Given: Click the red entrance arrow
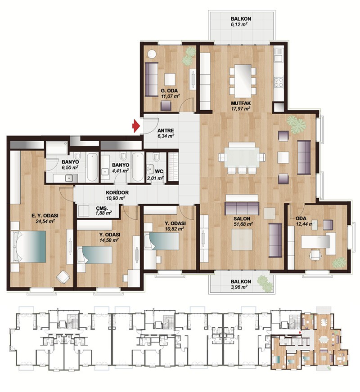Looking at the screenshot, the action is tap(136, 126).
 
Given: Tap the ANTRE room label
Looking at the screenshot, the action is tap(166, 130).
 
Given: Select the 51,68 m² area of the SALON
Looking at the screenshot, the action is tap(243, 224).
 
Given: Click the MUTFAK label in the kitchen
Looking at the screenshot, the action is tap(241, 103).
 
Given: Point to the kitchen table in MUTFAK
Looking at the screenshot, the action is tap(243, 81).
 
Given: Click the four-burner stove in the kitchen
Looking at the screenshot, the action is tap(279, 82).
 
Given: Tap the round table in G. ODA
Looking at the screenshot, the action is tap(152, 54).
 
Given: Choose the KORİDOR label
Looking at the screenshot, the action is tap(117, 192).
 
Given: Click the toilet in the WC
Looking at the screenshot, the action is tap(156, 157).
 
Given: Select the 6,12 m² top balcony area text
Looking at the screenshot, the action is tap(239, 24).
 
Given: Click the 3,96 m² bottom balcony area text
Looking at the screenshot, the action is tap(239, 287).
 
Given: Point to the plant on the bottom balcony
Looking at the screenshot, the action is tap(265, 283).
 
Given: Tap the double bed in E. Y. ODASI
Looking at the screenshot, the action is tap(28, 246).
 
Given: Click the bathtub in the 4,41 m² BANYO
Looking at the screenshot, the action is tap(137, 167).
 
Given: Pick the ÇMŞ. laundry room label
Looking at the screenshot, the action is tap(102, 208).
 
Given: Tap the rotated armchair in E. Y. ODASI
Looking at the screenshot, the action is tap(63, 277).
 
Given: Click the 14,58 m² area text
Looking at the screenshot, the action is tap(109, 240).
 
